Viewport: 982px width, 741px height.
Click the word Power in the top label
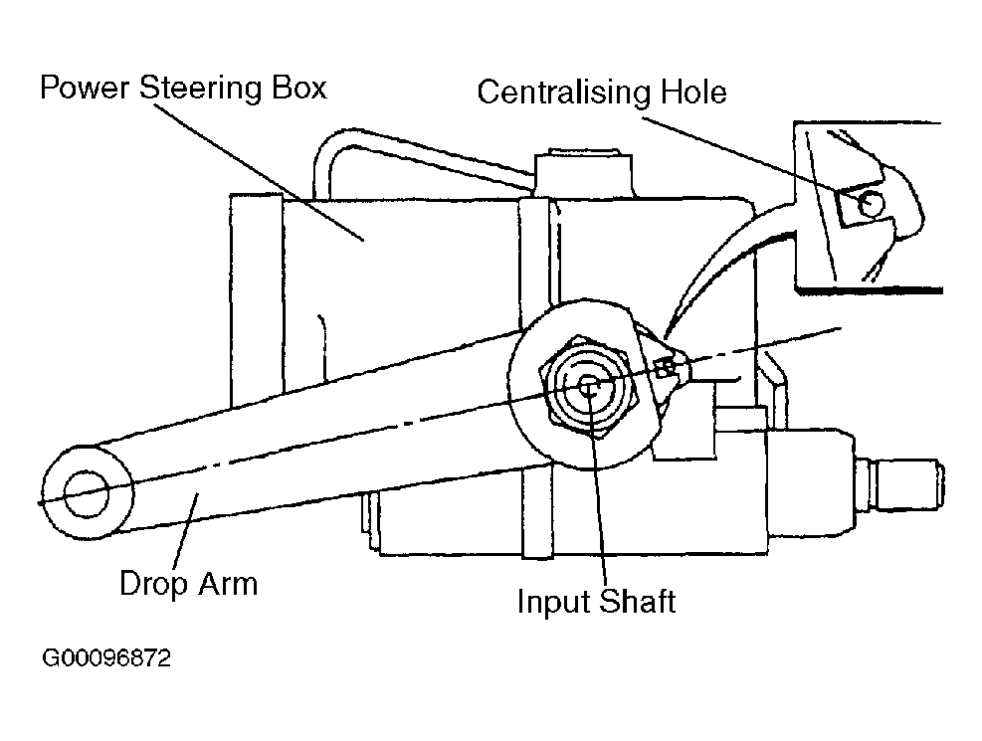point(85,89)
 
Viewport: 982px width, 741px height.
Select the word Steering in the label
point(200,89)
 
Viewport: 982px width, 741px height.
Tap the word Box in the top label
point(298,88)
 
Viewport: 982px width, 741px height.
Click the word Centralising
point(564,93)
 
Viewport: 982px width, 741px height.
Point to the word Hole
point(693,92)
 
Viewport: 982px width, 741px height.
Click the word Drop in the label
point(153,585)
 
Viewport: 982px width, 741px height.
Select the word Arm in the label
point(228,584)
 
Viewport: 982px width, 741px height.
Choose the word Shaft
point(637,602)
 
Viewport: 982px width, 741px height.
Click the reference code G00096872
point(105,658)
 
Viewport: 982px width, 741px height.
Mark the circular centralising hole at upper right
point(871,203)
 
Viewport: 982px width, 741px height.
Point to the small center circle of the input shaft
point(588,387)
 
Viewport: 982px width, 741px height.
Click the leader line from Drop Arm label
point(185,531)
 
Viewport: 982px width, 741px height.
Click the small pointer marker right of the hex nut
point(667,367)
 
